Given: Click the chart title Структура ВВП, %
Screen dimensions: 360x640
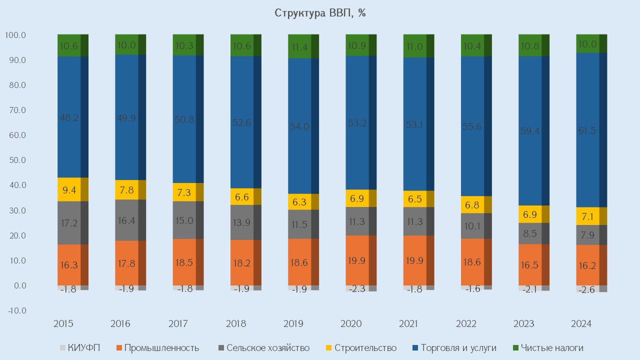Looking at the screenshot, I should click(320, 13).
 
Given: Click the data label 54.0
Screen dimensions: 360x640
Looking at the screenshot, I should click(299, 126).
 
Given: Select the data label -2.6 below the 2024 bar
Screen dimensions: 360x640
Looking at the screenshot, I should click(585, 289).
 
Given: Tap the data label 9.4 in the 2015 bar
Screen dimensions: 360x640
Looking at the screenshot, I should click(69, 189).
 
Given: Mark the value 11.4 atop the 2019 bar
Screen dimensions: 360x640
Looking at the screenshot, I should click(299, 47).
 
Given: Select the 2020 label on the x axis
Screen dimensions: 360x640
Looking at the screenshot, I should click(350, 324).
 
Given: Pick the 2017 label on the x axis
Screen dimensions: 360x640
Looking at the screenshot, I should click(178, 324).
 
